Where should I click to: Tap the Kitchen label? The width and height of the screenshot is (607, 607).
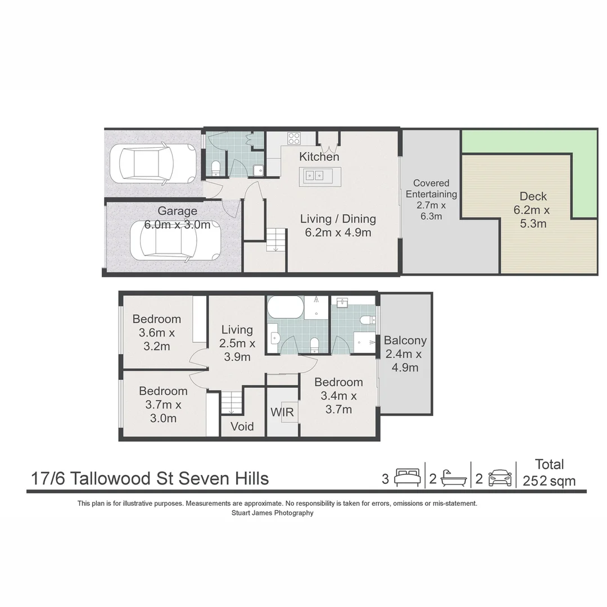pyautogui.click(x=319, y=157)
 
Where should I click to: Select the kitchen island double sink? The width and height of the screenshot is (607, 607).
pyautogui.click(x=315, y=175)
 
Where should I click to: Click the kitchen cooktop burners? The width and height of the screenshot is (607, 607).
pyautogui.click(x=293, y=138)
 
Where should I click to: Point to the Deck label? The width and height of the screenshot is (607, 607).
pyautogui.click(x=533, y=210)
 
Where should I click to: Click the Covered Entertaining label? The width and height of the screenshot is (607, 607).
pyautogui.click(x=431, y=200)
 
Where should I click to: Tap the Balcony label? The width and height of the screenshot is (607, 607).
pyautogui.click(x=405, y=354)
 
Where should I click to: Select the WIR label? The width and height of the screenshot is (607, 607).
pyautogui.click(x=282, y=413)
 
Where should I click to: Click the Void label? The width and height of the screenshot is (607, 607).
pyautogui.click(x=242, y=427)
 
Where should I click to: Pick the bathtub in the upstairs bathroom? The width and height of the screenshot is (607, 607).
pyautogui.click(x=285, y=308)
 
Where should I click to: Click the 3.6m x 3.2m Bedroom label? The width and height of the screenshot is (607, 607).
pyautogui.click(x=156, y=333)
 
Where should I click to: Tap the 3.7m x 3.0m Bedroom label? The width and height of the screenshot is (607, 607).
pyautogui.click(x=163, y=405)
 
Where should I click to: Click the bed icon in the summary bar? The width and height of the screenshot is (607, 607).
pyautogui.click(x=407, y=478)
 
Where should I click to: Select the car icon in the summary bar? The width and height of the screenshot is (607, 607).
pyautogui.click(x=500, y=478)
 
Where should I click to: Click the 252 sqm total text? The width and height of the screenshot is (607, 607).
pyautogui.click(x=549, y=481)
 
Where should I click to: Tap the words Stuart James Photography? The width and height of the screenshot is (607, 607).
pyautogui.click(x=272, y=513)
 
